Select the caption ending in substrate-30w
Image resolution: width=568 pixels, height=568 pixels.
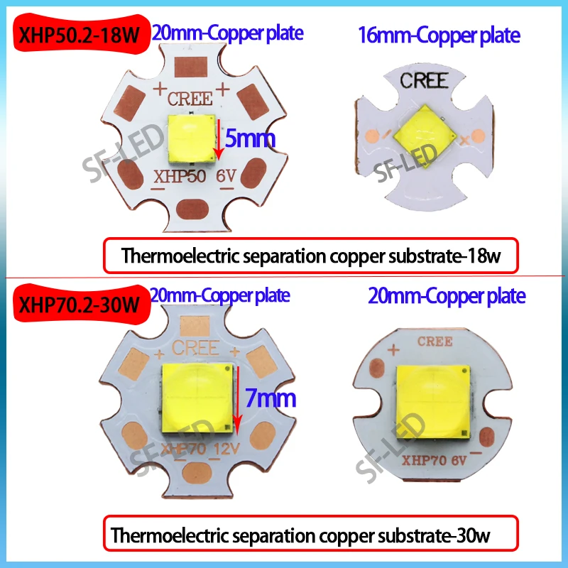click(x=312, y=535)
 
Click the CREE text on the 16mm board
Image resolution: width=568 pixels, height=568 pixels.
click(x=424, y=80)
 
